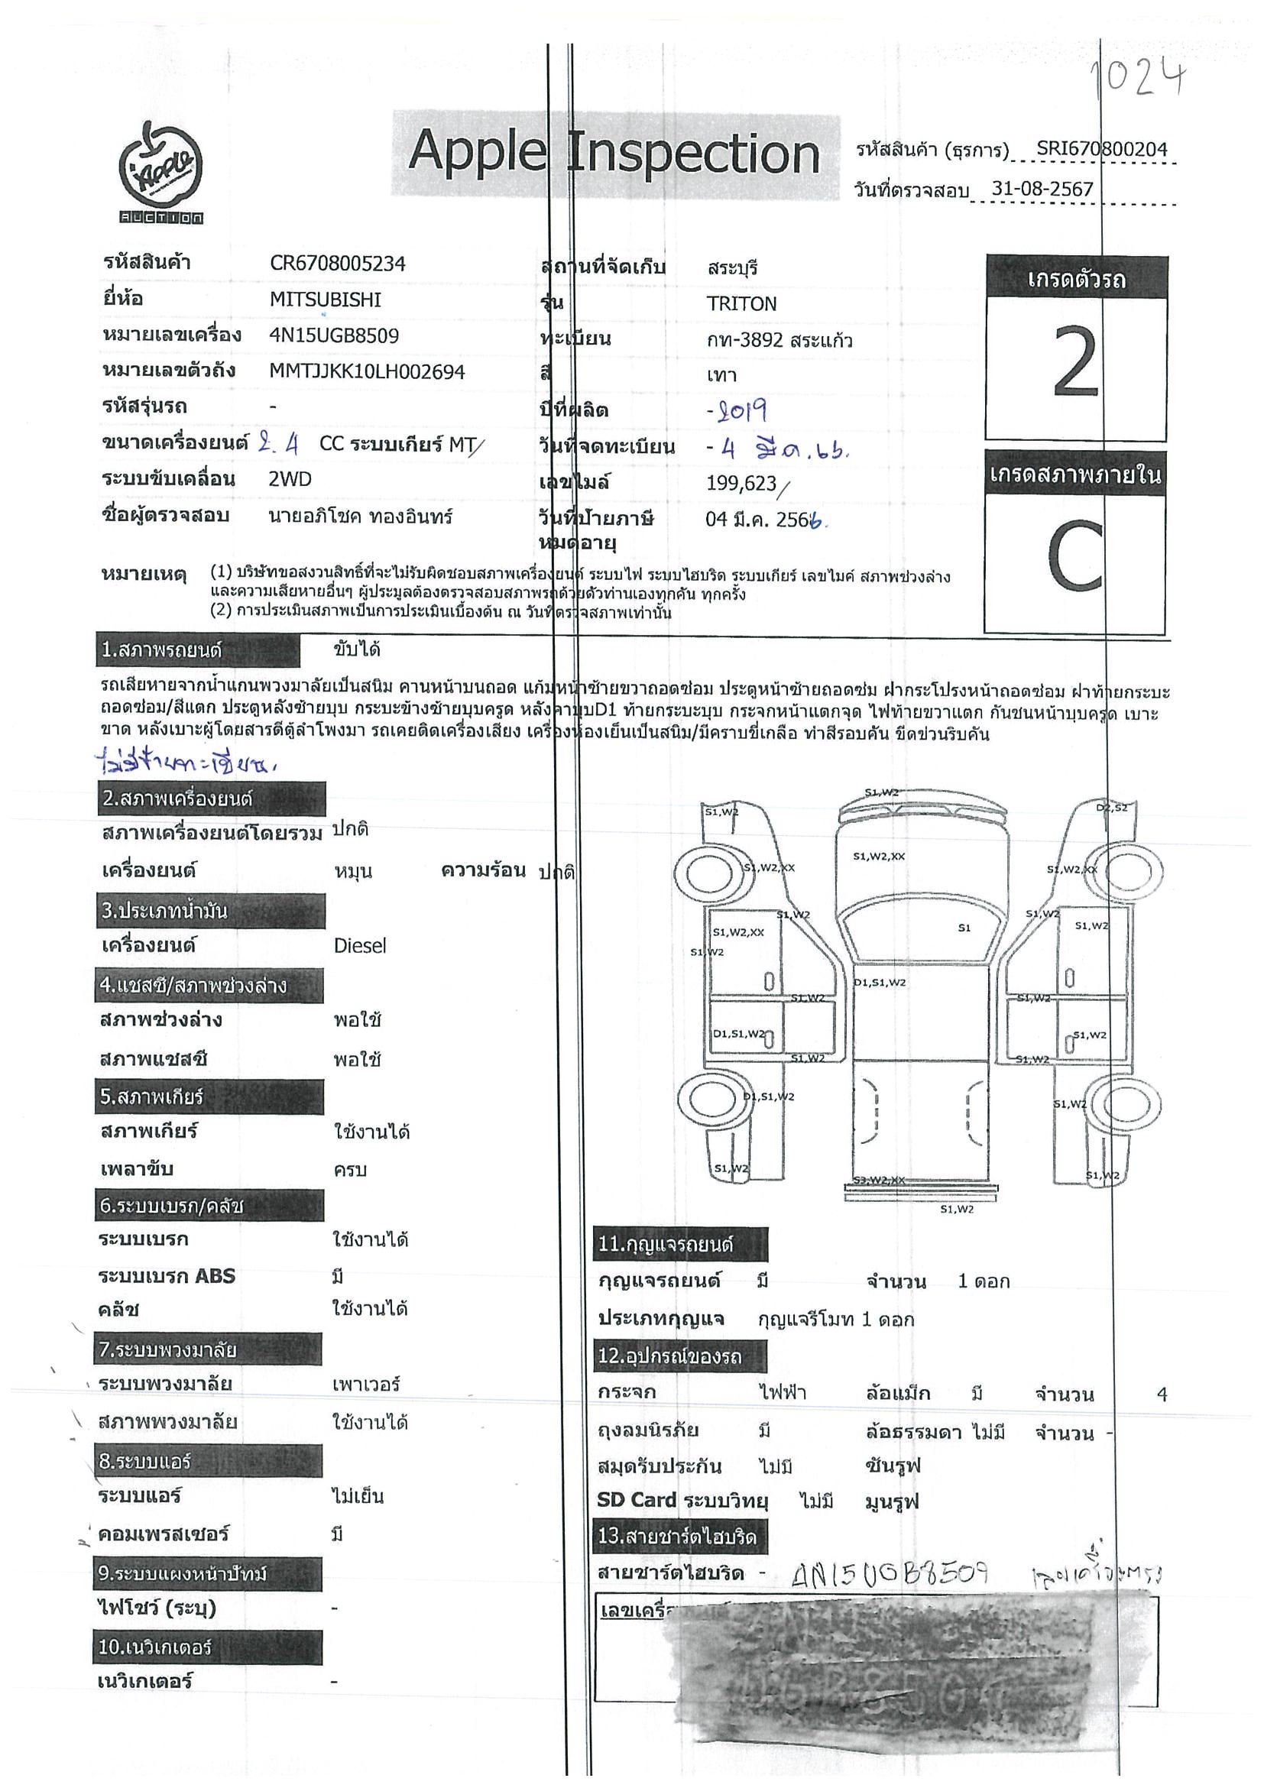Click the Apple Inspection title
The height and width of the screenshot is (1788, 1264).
click(614, 153)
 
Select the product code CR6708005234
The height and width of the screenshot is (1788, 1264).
click(337, 264)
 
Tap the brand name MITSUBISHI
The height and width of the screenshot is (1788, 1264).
click(326, 300)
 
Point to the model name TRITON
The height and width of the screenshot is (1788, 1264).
click(741, 304)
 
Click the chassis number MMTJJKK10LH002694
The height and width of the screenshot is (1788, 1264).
click(367, 372)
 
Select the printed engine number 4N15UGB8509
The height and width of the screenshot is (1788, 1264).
click(334, 335)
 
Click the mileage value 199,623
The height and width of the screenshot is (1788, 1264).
click(741, 484)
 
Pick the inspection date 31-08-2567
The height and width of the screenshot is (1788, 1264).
click(1043, 189)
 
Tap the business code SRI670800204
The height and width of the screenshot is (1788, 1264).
click(1101, 150)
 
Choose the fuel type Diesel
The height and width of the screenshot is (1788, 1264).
click(360, 945)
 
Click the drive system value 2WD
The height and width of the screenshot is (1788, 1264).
click(290, 479)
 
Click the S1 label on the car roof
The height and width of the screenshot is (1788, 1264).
click(964, 928)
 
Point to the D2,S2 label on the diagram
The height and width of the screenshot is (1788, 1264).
click(1111, 808)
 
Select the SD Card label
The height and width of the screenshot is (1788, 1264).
click(637, 1500)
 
